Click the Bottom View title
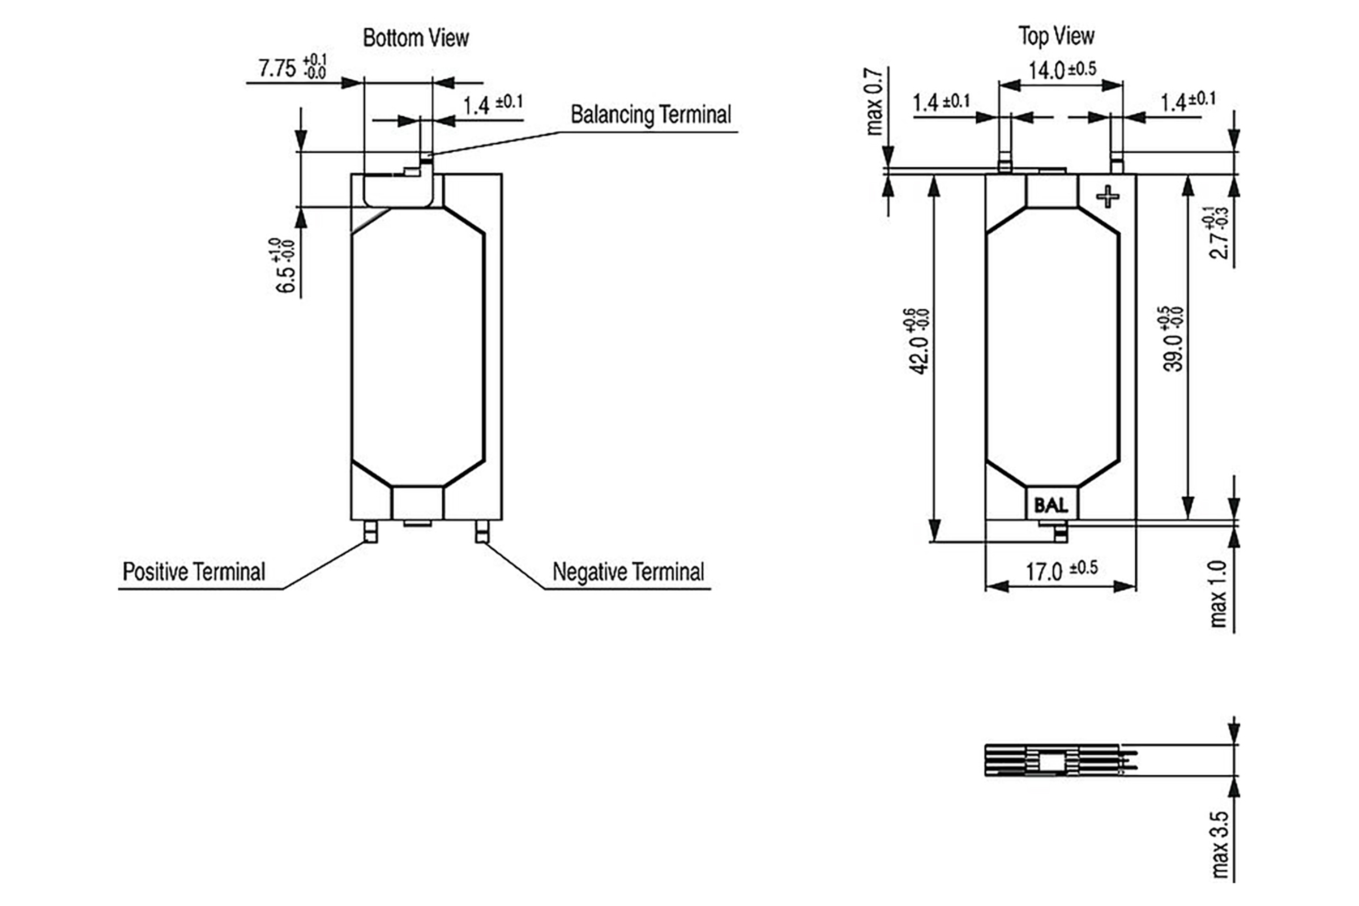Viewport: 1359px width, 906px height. pyautogui.click(x=416, y=38)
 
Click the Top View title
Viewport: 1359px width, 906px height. pyautogui.click(x=1055, y=36)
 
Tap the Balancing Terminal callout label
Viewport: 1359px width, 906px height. pyautogui.click(x=651, y=114)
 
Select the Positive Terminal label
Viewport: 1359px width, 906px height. pyautogui.click(x=194, y=572)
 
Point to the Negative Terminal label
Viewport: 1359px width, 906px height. pyautogui.click(x=628, y=572)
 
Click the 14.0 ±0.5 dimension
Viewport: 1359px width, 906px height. pyautogui.click(x=1061, y=70)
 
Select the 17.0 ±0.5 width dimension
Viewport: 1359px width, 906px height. pyautogui.click(x=1061, y=571)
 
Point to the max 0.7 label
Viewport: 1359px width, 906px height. pyautogui.click(x=875, y=102)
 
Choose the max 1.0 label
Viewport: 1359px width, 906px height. pyautogui.click(x=1218, y=593)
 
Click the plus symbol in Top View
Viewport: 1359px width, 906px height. pyautogui.click(x=1108, y=196)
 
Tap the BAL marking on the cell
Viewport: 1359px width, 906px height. pyautogui.click(x=1051, y=506)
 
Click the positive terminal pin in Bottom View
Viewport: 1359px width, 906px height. pyautogui.click(x=370, y=532)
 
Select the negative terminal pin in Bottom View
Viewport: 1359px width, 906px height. pyautogui.click(x=482, y=532)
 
